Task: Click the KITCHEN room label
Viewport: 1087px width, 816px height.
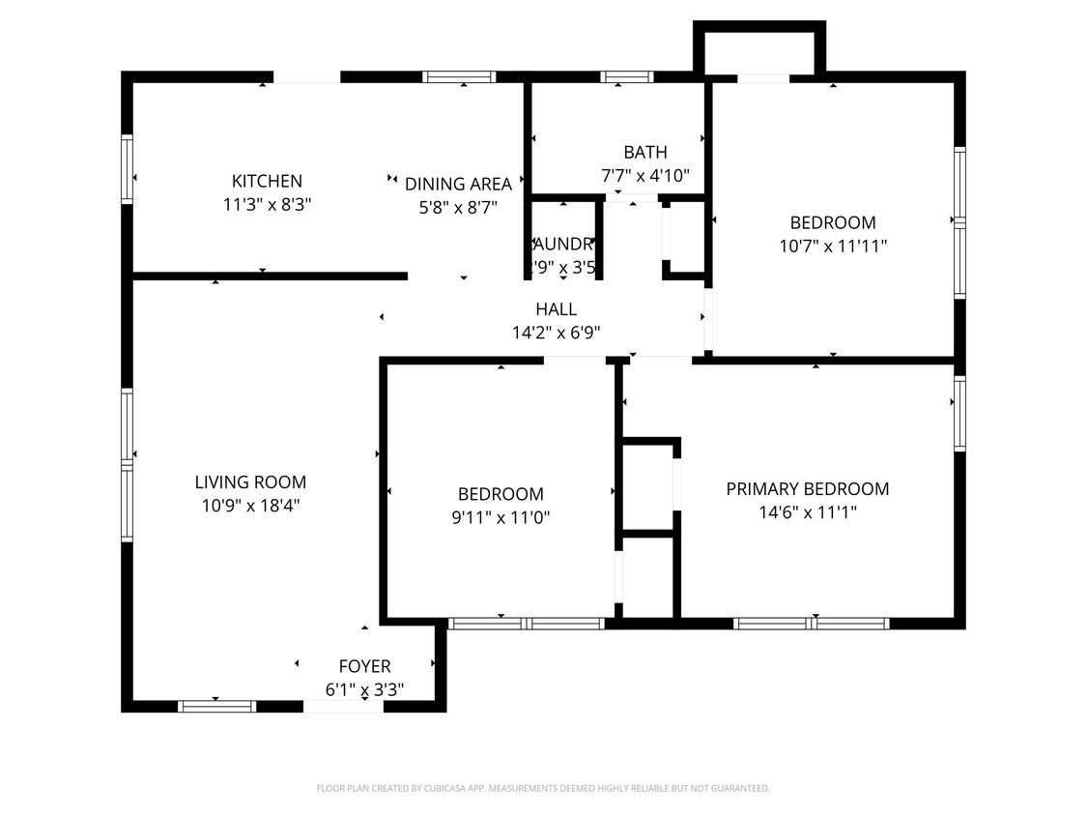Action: coord(267,181)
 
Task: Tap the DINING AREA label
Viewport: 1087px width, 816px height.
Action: coord(458,184)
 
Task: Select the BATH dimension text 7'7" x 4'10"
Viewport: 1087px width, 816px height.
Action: coord(644,175)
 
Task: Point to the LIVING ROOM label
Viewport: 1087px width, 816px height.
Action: coord(250,481)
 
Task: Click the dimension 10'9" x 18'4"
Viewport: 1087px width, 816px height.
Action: coord(250,505)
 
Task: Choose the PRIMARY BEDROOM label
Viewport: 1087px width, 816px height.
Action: coord(807,489)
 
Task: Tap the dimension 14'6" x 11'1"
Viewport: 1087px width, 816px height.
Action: coord(807,512)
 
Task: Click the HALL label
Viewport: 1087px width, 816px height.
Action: coord(556,309)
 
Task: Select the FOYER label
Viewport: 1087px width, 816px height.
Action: coord(364,666)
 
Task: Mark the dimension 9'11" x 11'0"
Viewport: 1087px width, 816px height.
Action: coord(501,517)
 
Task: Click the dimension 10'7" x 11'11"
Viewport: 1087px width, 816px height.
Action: coord(833,246)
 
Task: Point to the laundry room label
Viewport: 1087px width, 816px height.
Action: coord(561,245)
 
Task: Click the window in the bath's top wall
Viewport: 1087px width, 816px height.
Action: coord(627,77)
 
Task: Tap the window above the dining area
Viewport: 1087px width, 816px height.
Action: coord(460,77)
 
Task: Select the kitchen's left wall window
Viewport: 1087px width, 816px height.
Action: coord(127,169)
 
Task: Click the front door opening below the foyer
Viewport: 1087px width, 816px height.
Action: coord(343,707)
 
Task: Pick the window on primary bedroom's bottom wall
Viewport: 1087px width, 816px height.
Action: coord(811,624)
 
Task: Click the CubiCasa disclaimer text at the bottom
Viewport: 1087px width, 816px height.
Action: coord(543,789)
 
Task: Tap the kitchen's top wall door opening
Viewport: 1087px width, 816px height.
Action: coord(306,77)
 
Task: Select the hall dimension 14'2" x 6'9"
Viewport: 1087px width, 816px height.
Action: coord(556,333)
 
